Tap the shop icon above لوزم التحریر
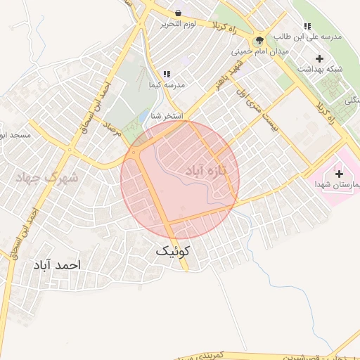[x=178, y=13]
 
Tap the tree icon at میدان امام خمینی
[x=261, y=40]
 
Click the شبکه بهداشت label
[x=321, y=68]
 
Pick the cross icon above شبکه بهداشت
[x=321, y=58]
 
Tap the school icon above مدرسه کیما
[x=167, y=74]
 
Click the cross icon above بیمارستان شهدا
[x=340, y=173]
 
